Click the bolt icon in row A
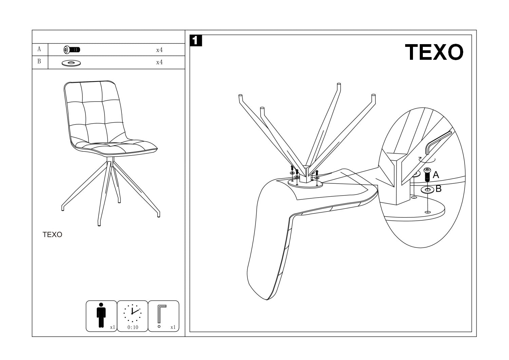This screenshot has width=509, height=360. click(x=72, y=50)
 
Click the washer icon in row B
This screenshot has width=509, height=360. click(x=71, y=62)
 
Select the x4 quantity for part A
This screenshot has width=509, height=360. click(x=159, y=50)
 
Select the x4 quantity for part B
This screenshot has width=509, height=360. click(x=159, y=62)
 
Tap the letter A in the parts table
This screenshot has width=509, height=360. click(x=39, y=50)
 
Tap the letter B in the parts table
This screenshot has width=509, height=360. click(x=39, y=62)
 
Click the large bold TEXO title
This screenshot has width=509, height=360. click(x=434, y=53)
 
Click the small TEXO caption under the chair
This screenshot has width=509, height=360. click(x=52, y=235)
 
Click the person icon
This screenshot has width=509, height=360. click(x=101, y=315)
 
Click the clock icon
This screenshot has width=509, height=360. click(x=132, y=313)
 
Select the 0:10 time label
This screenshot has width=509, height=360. click(x=133, y=328)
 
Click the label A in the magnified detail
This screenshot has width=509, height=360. click(x=436, y=175)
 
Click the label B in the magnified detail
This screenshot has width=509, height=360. click(x=438, y=189)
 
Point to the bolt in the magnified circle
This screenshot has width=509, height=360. click(x=427, y=174)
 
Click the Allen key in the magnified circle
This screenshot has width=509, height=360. click(x=437, y=139)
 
